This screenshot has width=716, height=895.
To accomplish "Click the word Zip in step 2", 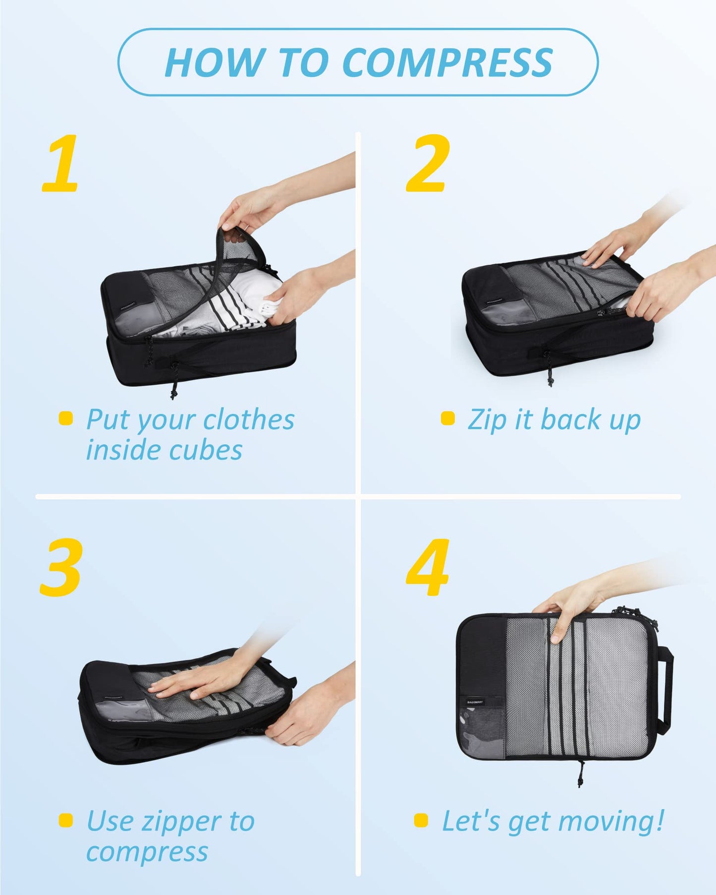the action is pos(487,419).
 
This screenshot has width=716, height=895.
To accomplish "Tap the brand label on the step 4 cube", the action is pos(475,702).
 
